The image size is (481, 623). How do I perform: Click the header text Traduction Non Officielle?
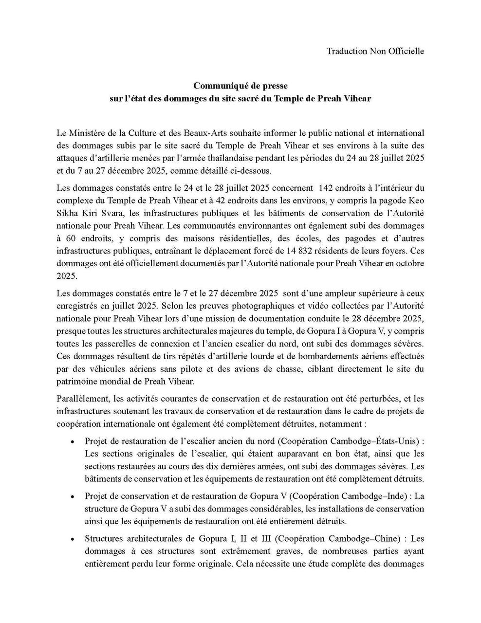pos(375,51)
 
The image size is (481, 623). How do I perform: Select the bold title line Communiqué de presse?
pos(240,86)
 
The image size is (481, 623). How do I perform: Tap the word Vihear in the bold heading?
pos(358,98)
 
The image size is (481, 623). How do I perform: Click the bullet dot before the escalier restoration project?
pos(73,442)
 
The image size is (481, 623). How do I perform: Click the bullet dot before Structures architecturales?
pos(73,539)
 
